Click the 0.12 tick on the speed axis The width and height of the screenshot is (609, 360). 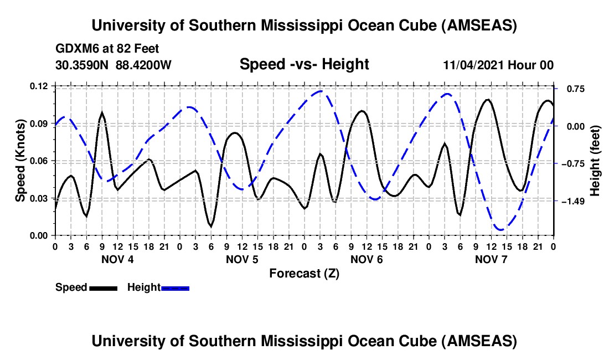(x=39, y=86)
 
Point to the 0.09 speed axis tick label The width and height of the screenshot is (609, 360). (x=39, y=124)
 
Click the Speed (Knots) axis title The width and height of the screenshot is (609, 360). (x=20, y=161)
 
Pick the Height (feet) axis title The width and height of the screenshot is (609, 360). (x=595, y=161)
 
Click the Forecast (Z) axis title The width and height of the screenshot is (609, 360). (x=304, y=273)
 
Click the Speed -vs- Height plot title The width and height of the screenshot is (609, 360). (x=304, y=65)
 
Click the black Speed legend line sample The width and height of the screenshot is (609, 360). (x=102, y=288)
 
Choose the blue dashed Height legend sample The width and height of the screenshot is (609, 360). (x=175, y=288)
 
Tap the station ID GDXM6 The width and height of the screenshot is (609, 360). (x=76, y=49)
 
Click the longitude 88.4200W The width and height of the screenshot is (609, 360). (x=143, y=65)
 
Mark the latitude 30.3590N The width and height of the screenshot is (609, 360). (x=82, y=65)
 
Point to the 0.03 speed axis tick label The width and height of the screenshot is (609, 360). (x=39, y=198)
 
